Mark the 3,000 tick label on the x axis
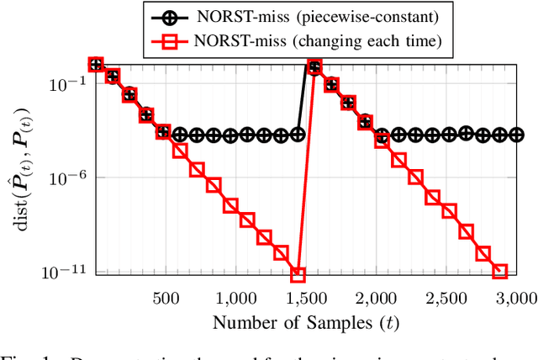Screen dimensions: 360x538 coord(515,297)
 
